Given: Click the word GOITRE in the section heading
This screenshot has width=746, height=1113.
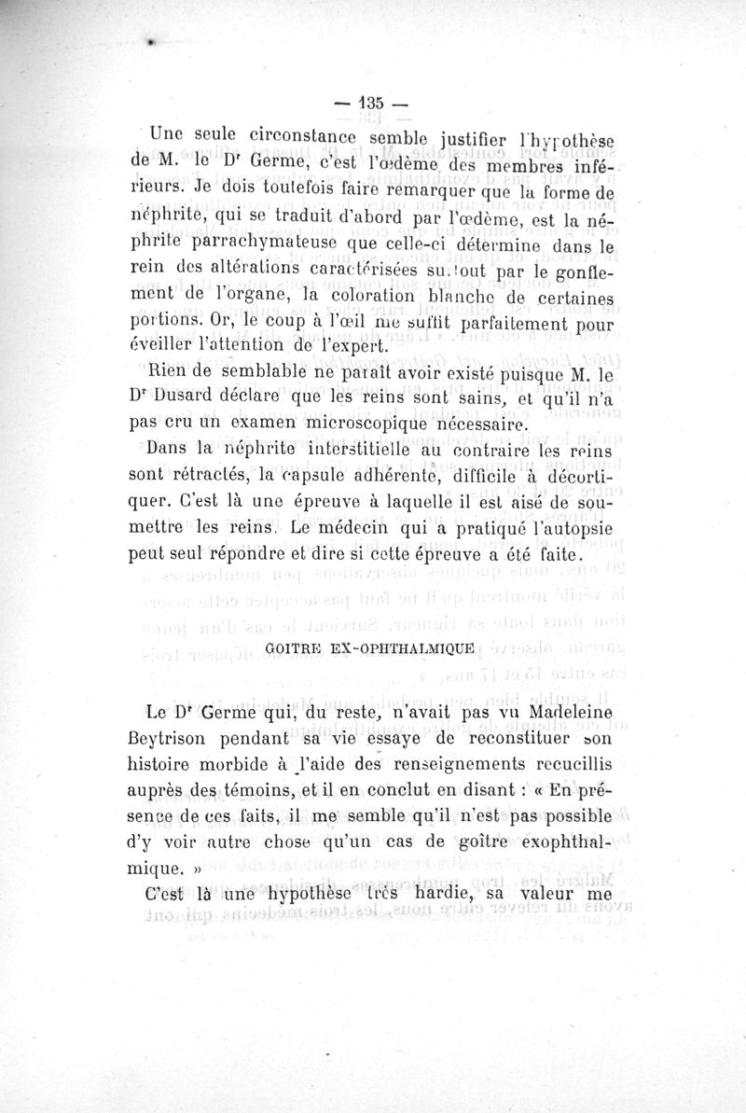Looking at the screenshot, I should tap(296, 647).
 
